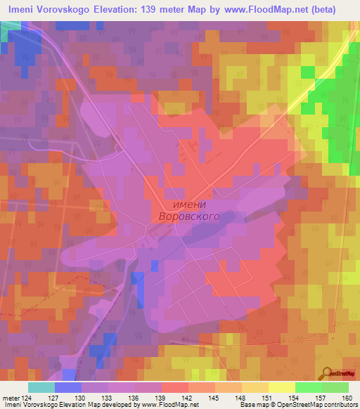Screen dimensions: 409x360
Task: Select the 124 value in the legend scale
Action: [x=27, y=398]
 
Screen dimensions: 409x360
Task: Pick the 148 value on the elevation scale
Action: [x=241, y=398]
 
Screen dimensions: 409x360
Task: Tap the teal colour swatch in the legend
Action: [x=41, y=387]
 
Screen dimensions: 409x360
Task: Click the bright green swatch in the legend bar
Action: [x=308, y=387]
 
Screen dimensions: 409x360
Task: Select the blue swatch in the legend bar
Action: [x=67, y=387]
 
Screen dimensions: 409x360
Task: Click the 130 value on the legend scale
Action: [x=82, y=398]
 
